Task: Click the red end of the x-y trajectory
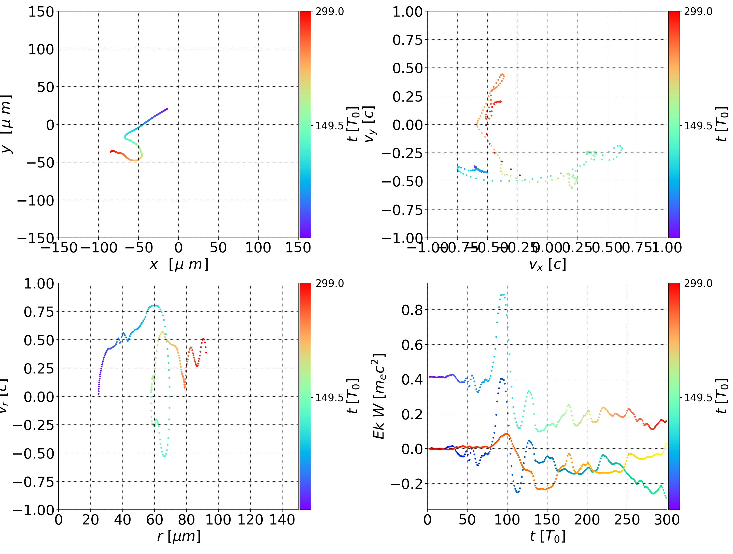tap(111, 151)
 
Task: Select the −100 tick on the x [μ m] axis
tap(98, 248)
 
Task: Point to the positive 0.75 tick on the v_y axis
tap(407, 40)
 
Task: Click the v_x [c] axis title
tap(547, 265)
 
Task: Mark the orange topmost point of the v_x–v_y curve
tap(502, 75)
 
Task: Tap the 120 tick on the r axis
tap(250, 520)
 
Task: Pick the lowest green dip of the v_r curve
tap(164, 456)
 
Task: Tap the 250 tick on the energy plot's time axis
tap(627, 520)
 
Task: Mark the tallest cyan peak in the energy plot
tap(502, 294)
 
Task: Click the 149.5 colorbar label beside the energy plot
tap(698, 397)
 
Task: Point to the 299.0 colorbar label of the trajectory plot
tap(329, 12)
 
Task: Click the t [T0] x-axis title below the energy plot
tap(547, 536)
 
